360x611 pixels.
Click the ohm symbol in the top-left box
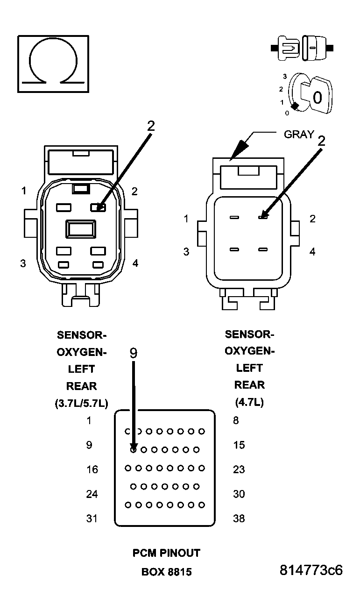click(x=53, y=64)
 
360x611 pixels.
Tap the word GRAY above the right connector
click(x=299, y=134)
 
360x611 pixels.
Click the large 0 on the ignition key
click(x=317, y=98)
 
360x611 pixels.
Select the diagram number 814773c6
click(x=311, y=570)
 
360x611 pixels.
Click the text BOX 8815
click(x=166, y=572)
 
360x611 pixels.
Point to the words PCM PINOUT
click(x=166, y=553)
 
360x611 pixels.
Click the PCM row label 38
click(x=239, y=519)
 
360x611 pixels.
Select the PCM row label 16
click(x=92, y=469)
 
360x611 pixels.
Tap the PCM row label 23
click(x=239, y=469)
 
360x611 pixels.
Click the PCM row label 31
click(x=92, y=519)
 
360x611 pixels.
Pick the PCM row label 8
click(x=236, y=420)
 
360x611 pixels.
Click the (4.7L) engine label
click(x=249, y=402)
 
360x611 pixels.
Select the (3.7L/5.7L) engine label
click(x=81, y=404)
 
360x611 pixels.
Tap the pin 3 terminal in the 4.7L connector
click(x=234, y=250)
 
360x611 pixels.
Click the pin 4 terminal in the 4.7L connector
click(x=262, y=250)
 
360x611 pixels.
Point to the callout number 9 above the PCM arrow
click(x=133, y=354)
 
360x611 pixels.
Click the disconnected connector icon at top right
click(x=302, y=48)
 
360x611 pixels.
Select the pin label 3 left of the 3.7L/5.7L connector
click(x=23, y=263)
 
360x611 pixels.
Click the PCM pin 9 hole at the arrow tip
click(x=134, y=450)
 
